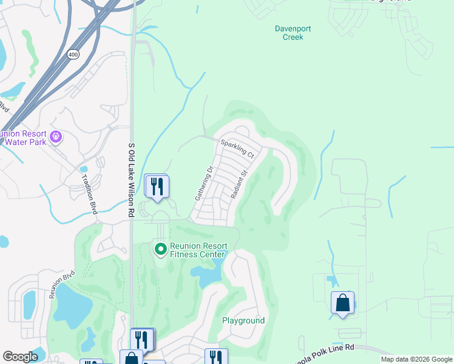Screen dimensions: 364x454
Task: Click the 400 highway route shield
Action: click(x=72, y=55)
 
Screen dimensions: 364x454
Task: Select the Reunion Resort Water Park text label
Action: click(x=25, y=137)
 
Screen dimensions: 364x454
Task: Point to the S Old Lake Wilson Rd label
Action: click(x=130, y=180)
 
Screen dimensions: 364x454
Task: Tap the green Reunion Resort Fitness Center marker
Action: click(x=161, y=249)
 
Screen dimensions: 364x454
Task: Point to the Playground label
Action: click(x=243, y=320)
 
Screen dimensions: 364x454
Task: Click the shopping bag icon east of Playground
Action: click(x=342, y=303)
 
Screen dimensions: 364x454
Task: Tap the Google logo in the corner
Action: click(x=20, y=357)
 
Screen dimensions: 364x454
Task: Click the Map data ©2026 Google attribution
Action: click(x=416, y=359)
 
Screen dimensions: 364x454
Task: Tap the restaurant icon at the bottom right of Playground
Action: click(x=215, y=357)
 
